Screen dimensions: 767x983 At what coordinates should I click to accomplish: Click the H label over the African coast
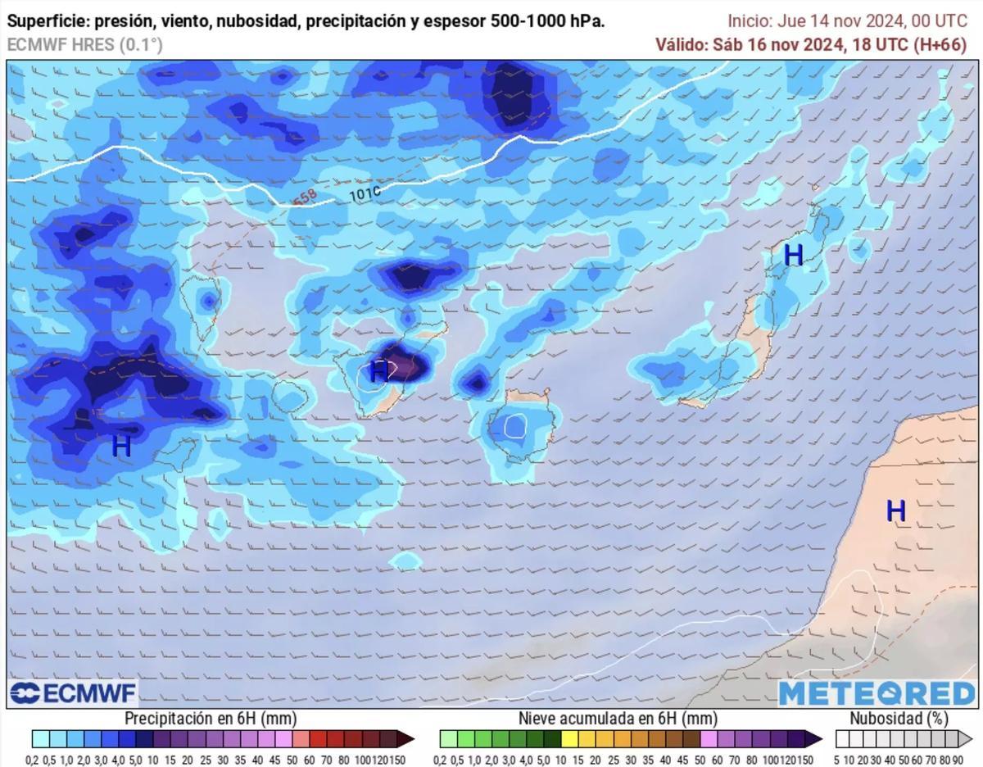click(x=895, y=511)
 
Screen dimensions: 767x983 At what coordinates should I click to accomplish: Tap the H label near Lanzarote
click(x=793, y=256)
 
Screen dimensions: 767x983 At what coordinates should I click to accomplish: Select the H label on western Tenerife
click(x=378, y=371)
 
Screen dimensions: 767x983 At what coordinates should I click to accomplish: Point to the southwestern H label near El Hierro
click(x=121, y=447)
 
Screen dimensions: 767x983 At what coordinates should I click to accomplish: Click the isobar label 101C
click(x=365, y=195)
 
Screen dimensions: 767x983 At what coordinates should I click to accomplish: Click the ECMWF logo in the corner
click(x=73, y=693)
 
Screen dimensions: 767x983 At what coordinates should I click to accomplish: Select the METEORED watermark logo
click(x=877, y=693)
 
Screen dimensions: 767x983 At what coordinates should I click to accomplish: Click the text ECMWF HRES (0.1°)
click(x=84, y=45)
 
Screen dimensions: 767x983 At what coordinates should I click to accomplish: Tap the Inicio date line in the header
click(x=847, y=21)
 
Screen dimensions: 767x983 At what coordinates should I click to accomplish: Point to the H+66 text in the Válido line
click(x=940, y=45)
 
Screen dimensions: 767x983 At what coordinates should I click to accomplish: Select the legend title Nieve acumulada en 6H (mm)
click(x=618, y=719)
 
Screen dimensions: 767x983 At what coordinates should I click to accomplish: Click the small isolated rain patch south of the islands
click(x=404, y=560)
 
